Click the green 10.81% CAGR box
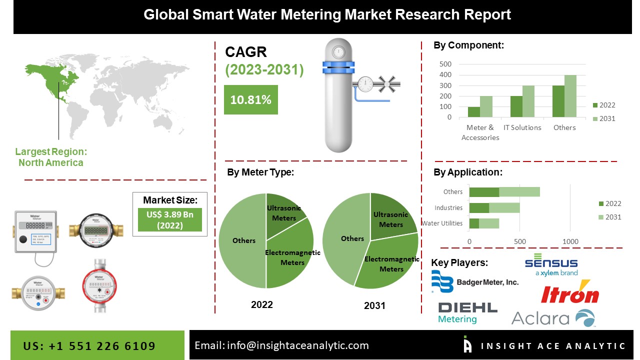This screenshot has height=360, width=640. pos(250,99)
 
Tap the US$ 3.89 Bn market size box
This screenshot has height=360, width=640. pos(170,219)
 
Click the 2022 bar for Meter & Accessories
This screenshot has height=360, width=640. pos(473,112)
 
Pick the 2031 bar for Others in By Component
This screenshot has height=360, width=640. pos(570,96)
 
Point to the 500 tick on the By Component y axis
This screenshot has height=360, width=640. pos(445,64)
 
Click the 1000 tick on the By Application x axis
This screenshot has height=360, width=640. pos(570,241)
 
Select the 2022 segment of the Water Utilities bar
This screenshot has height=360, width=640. pos(474,223)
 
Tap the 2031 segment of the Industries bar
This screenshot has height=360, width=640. pos(504,207)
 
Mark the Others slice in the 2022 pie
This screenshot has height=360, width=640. pos(242,241)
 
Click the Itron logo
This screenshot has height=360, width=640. pos(570,293)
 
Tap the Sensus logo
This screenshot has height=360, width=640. pos(551,265)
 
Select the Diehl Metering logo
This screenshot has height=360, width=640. pos(467,312)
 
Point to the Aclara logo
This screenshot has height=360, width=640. pos(553,318)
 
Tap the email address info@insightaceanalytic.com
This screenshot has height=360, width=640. pos(282,345)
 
